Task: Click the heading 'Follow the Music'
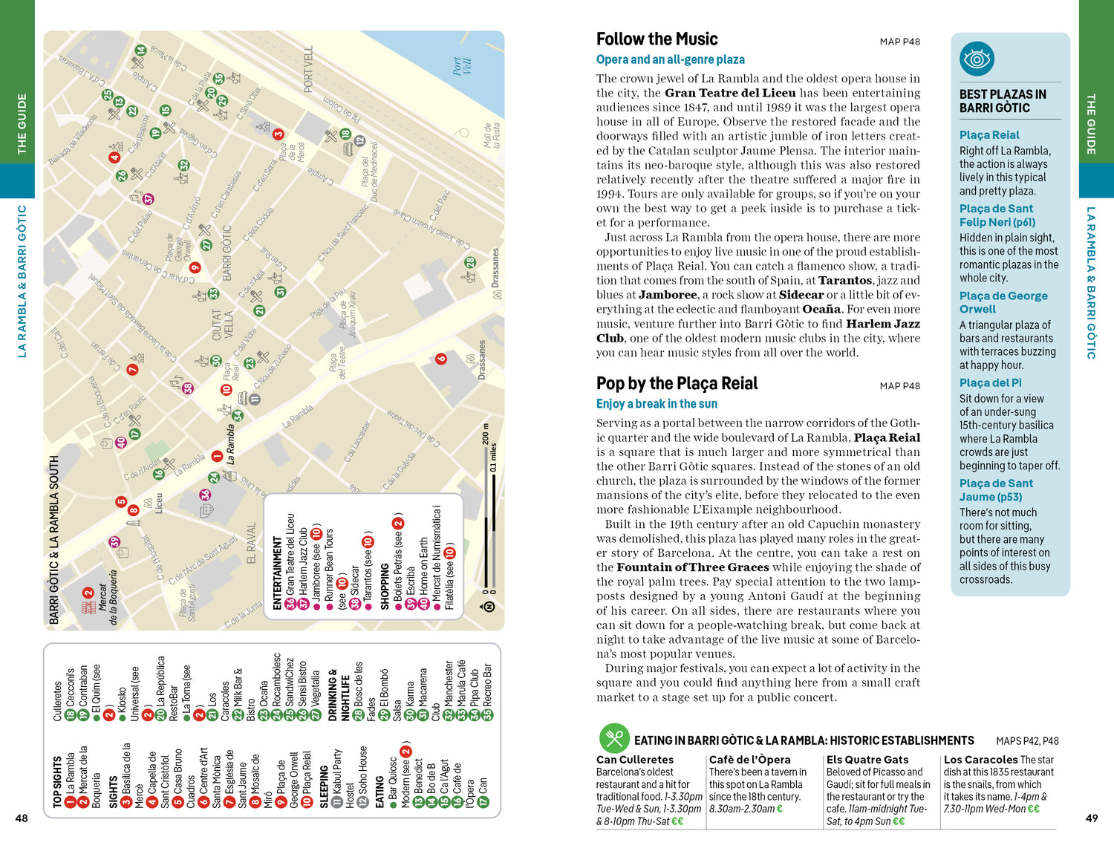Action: pyautogui.click(x=657, y=39)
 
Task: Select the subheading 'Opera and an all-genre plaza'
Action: pyautogui.click(x=670, y=59)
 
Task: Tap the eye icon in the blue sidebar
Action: pyautogui.click(x=977, y=59)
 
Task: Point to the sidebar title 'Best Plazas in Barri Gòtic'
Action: pyautogui.click(x=1003, y=101)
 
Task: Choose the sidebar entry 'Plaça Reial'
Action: pyautogui.click(x=989, y=134)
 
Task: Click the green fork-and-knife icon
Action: pyautogui.click(x=614, y=738)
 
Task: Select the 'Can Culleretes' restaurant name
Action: pyautogui.click(x=635, y=760)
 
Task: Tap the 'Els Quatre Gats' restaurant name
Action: pyautogui.click(x=867, y=760)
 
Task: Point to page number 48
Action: pyautogui.click(x=22, y=818)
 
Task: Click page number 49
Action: pyautogui.click(x=1091, y=818)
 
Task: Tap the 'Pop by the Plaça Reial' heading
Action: pyautogui.click(x=677, y=383)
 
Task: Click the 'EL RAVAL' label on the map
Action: pyautogui.click(x=250, y=544)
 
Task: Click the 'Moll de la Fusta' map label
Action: pyautogui.click(x=492, y=136)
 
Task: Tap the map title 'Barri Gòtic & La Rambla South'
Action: pyautogui.click(x=54, y=539)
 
